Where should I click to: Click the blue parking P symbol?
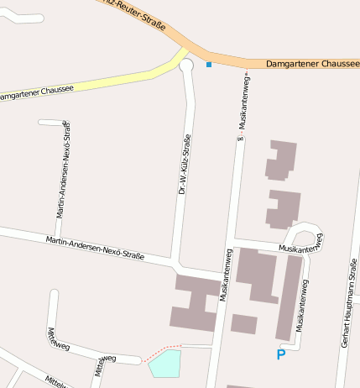(x=280, y=355)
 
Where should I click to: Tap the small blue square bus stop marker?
(x=209, y=64)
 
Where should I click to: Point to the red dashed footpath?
(x=161, y=350)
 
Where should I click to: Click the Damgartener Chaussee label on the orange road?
(x=311, y=64)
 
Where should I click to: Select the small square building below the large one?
(x=244, y=324)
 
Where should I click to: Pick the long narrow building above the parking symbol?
(x=290, y=298)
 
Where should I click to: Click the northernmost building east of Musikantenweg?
(x=280, y=160)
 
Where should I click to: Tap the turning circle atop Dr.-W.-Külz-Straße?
(x=186, y=65)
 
